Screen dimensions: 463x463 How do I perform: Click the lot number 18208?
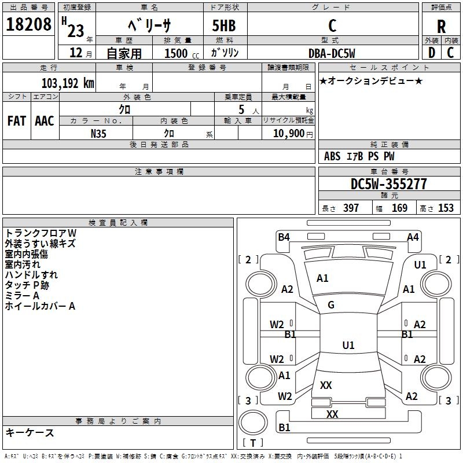pos(28,24)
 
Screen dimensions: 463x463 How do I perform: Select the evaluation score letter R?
pos(441,26)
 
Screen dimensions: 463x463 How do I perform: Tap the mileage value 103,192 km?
pos(68,83)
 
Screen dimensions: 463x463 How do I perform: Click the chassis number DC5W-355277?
pos(388,184)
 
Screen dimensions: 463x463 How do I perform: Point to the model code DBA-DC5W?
pos(332,53)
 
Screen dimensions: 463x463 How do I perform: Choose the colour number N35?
pos(98,134)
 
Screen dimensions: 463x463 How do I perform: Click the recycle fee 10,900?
pos(289,134)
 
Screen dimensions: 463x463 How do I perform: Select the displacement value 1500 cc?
pos(182,53)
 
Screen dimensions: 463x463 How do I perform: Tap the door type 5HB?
pos(224,25)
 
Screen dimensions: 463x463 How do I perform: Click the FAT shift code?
pos(17,121)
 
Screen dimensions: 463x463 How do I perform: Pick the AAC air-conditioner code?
pos(45,121)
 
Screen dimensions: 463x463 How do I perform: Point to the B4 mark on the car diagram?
pos(284,237)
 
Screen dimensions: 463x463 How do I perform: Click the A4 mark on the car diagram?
pos(413,237)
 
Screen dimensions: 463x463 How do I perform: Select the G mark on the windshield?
pos(331,305)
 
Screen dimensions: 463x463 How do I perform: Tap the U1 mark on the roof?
pos(348,345)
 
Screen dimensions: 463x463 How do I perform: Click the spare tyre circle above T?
pos(253,422)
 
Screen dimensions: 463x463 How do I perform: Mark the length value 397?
pos(351,208)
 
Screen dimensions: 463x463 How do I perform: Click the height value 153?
pos(446,208)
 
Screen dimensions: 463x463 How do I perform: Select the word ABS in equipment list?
pos(332,156)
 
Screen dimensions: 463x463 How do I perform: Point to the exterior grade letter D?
pos(432,53)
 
